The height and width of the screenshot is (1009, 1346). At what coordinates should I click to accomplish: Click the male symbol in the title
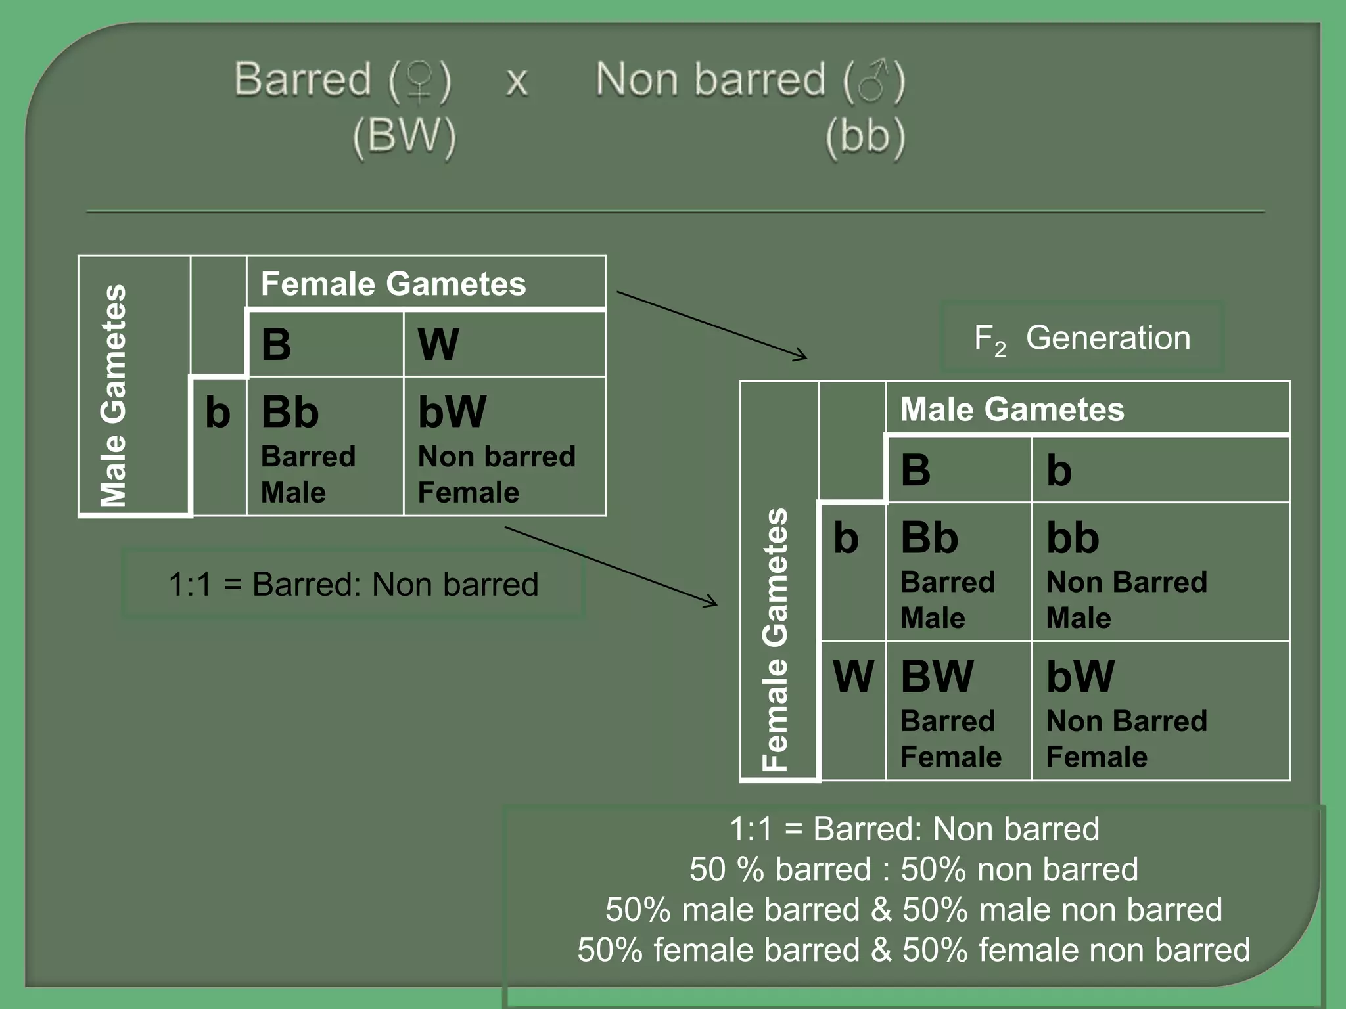(x=874, y=81)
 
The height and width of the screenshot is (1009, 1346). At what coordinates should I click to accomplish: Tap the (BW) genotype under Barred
(x=404, y=136)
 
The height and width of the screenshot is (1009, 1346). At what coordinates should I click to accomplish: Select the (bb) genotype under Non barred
(x=865, y=136)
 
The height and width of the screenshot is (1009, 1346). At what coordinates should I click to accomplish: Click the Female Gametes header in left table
(x=394, y=284)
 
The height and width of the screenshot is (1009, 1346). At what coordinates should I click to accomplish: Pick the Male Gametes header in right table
(x=1012, y=409)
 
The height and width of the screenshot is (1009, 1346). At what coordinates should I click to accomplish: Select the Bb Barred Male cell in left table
(x=325, y=447)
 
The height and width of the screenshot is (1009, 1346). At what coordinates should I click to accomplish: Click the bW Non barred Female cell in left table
(x=503, y=447)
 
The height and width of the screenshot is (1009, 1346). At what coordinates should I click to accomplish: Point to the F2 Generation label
(x=1082, y=338)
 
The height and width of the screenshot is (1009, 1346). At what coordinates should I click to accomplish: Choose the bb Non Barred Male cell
(x=1159, y=572)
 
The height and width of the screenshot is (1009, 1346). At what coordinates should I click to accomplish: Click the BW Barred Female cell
(x=958, y=711)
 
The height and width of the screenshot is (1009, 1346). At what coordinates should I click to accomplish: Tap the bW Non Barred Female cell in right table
(x=1159, y=711)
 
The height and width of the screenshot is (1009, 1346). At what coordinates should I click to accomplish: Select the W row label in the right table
(x=852, y=676)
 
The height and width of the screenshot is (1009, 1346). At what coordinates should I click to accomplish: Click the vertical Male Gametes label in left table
(x=114, y=395)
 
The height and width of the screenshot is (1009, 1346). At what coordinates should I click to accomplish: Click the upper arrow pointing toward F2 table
(x=711, y=325)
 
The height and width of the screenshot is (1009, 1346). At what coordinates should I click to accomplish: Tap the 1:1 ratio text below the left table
(x=354, y=584)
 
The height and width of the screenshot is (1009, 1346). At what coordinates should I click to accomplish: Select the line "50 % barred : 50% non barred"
(x=914, y=869)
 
